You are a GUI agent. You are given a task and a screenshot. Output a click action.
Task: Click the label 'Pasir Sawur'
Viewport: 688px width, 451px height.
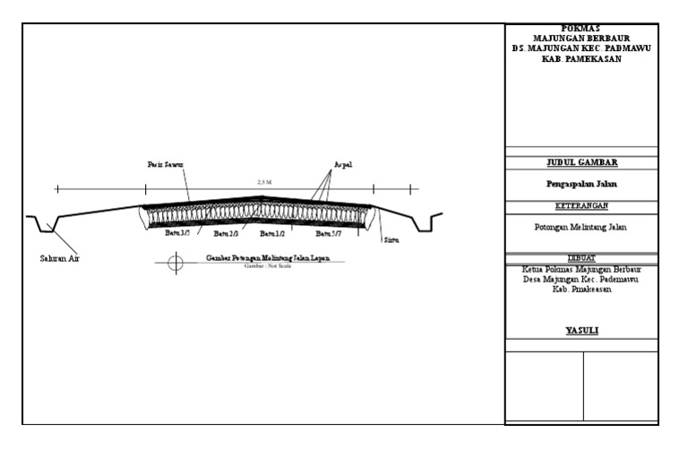(x=166, y=165)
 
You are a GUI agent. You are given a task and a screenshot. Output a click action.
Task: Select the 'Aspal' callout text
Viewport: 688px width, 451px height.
(x=343, y=165)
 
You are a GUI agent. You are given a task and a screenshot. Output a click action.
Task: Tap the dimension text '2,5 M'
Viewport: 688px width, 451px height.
(x=263, y=183)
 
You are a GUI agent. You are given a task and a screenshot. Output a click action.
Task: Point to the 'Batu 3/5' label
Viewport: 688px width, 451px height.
(x=178, y=233)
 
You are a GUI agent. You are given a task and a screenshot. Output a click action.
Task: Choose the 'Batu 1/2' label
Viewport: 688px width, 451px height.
(x=272, y=234)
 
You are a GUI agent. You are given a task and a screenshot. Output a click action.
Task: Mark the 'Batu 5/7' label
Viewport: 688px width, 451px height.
(x=328, y=234)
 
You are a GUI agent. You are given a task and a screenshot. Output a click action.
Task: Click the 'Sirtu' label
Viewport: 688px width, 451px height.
(x=391, y=240)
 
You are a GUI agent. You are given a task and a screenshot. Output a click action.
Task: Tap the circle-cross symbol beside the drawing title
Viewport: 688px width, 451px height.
(x=176, y=263)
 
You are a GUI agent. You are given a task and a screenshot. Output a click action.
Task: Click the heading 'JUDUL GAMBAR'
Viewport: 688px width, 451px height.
(x=581, y=163)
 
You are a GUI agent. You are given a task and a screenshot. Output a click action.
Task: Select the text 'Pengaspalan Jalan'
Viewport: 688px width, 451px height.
(x=581, y=184)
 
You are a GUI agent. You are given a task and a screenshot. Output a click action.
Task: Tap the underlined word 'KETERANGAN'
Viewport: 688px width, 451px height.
(x=581, y=205)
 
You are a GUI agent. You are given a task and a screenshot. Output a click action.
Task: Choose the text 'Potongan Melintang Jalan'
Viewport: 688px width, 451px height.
(x=581, y=227)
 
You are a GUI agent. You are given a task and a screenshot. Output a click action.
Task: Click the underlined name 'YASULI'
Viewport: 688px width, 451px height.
(x=581, y=331)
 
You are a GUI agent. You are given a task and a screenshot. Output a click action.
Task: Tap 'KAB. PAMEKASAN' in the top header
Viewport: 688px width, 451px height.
(x=581, y=59)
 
